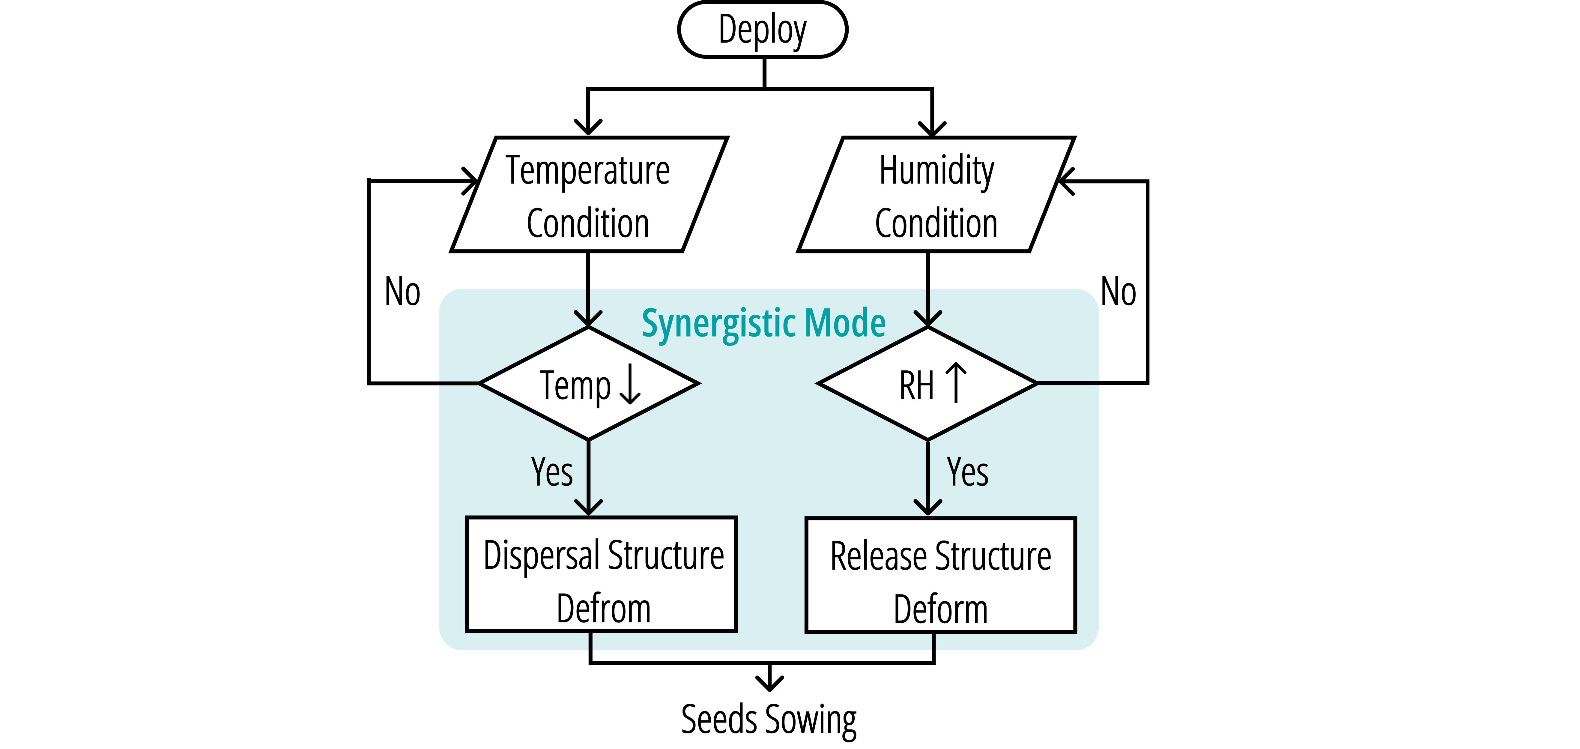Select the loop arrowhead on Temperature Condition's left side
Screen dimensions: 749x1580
(x=470, y=181)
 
